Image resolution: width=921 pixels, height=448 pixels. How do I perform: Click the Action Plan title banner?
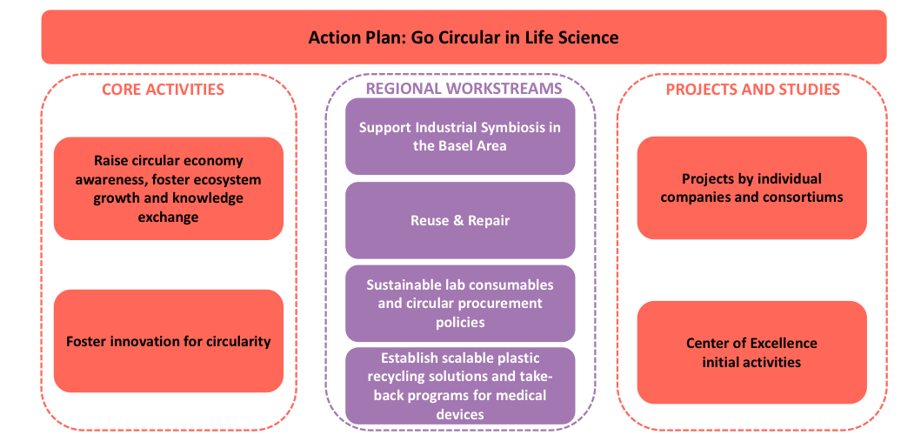tap(464, 37)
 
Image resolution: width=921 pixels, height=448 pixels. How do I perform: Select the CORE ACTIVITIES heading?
tap(163, 90)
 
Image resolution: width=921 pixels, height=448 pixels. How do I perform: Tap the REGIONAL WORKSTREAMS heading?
tap(464, 89)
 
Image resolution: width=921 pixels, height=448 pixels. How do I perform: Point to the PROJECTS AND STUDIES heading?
tap(752, 90)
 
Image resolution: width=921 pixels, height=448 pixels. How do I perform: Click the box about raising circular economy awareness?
tap(169, 189)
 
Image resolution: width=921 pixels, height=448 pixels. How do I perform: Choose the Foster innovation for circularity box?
tap(169, 341)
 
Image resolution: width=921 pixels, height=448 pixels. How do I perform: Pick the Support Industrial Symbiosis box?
tap(460, 137)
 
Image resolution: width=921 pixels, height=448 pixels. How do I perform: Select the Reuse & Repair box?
tap(460, 220)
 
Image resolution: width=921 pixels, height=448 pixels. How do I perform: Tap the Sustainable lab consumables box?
tap(460, 304)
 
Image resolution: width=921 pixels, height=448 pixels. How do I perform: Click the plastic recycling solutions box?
tap(460, 385)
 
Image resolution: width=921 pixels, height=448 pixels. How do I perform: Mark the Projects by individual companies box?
tap(751, 188)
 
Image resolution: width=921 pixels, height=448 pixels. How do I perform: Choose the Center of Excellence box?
tap(751, 352)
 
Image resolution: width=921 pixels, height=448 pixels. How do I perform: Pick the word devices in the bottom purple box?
tap(460, 414)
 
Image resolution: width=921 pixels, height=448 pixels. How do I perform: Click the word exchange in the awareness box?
tap(168, 217)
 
